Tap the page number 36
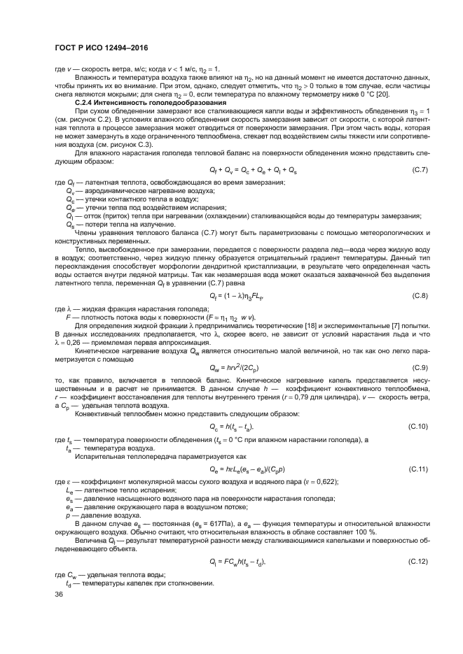click(x=59, y=594)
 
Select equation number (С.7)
click(x=417, y=170)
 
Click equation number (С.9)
click(x=417, y=367)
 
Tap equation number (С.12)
click(x=416, y=562)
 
